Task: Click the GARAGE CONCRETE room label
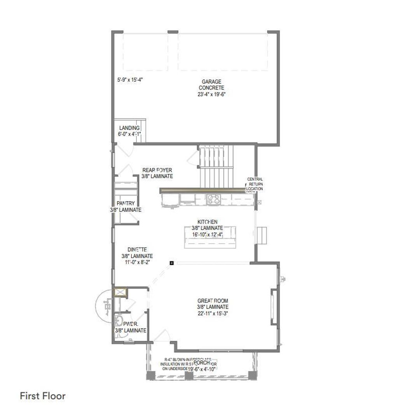click(211, 84)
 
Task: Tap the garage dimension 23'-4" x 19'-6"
click(211, 94)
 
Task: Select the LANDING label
click(129, 128)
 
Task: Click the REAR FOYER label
click(157, 170)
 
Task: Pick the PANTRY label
click(126, 203)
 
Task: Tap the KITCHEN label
click(207, 222)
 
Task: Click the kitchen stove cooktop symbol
click(213, 199)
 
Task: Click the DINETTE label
click(136, 250)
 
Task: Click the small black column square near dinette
click(171, 263)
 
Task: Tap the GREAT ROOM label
click(213, 300)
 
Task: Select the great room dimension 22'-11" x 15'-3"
click(213, 313)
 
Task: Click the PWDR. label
click(129, 324)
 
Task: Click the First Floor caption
click(43, 396)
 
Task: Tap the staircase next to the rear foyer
click(217, 166)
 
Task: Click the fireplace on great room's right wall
click(274, 306)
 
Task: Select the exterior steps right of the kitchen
click(263, 235)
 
